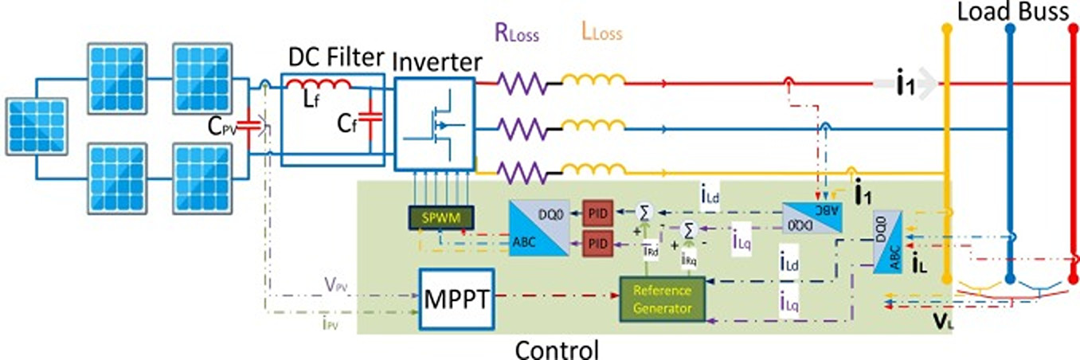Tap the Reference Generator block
tap(663, 299)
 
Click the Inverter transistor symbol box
tap(434, 123)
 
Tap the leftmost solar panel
tap(37, 127)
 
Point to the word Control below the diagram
tap(557, 349)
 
